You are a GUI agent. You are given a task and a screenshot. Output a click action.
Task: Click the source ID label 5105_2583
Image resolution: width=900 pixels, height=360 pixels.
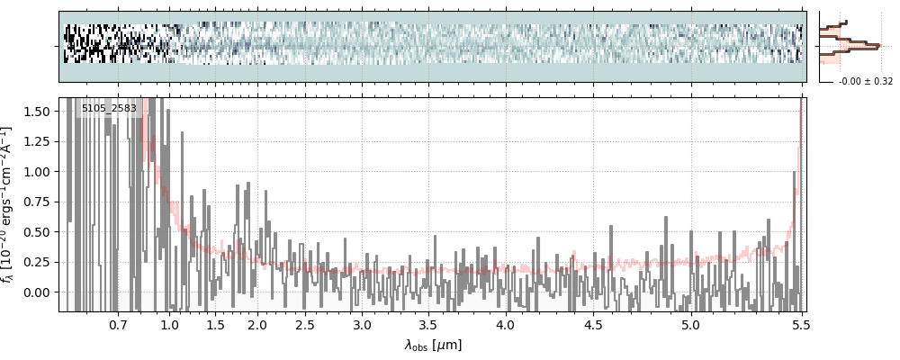coord(109,109)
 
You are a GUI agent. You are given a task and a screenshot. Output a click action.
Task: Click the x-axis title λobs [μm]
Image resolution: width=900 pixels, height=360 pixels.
coord(433,344)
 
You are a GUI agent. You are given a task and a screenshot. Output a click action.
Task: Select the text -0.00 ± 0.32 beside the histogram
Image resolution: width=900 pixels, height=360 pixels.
coord(865,82)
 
